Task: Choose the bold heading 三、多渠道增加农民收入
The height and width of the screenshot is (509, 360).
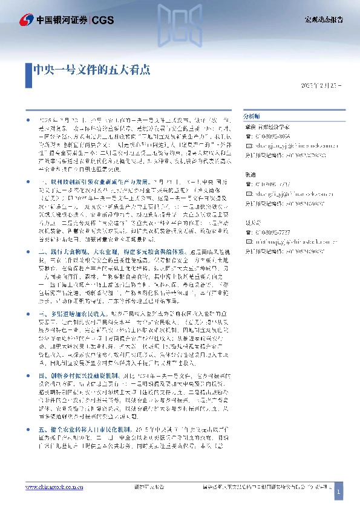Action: pyautogui.click(x=73, y=315)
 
